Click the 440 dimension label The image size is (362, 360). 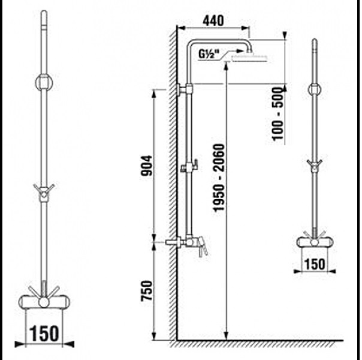pos(213,20)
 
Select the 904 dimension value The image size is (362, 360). pos(147,166)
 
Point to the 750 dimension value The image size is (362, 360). pos(147,290)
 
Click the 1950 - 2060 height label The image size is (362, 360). pos(219,178)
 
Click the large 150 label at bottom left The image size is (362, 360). pos(44,334)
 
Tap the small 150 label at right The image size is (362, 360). pos(315,264)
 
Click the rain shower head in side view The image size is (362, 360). pos(249,58)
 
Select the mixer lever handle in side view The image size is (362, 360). pos(202,247)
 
